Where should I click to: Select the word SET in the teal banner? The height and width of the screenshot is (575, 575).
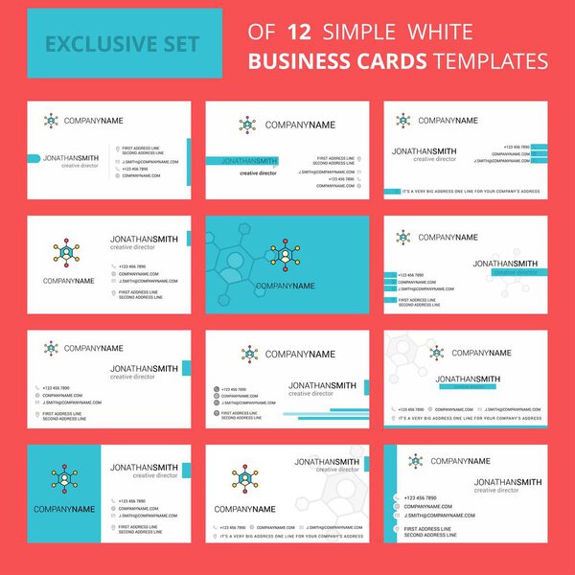click(x=181, y=43)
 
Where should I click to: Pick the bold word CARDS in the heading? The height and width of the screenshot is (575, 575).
click(x=394, y=62)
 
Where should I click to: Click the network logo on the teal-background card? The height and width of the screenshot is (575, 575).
click(x=286, y=255)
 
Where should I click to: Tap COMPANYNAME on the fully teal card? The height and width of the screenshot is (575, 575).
click(x=285, y=286)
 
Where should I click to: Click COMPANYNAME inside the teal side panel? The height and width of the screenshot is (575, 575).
click(x=63, y=509)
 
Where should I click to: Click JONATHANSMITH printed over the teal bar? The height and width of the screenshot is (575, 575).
click(x=248, y=161)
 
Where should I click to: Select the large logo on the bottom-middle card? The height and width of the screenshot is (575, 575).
click(x=247, y=480)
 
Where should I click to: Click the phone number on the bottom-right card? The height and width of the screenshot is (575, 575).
click(x=423, y=498)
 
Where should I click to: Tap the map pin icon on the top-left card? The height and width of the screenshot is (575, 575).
click(x=115, y=149)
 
